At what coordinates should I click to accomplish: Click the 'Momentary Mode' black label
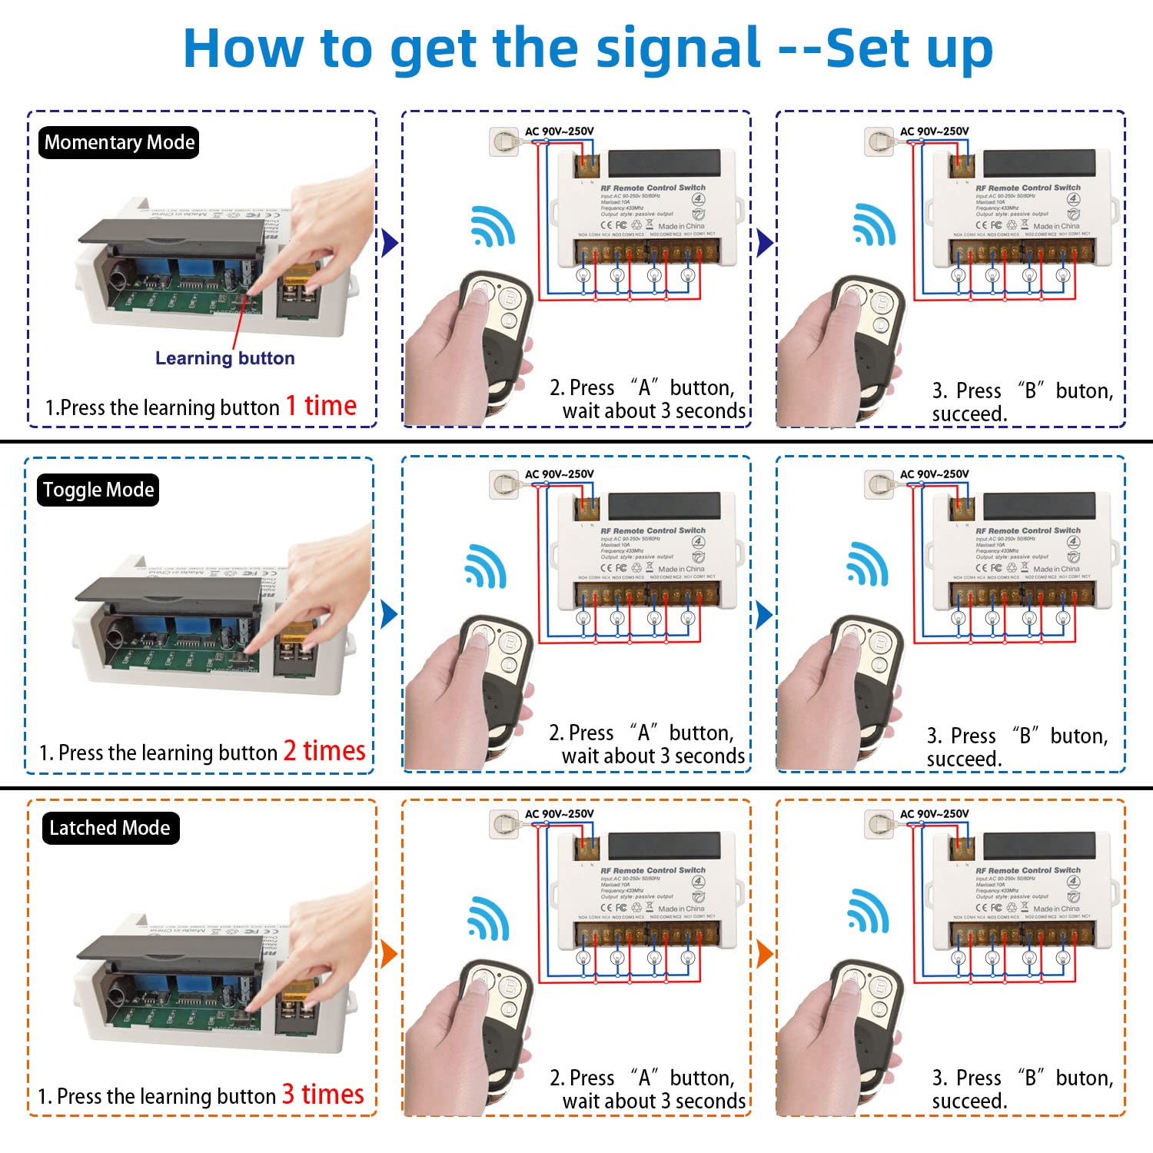point(119,143)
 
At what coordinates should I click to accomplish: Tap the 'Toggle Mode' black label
point(98,490)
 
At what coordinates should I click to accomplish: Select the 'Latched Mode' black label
point(110,829)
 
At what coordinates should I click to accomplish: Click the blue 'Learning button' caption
point(224,358)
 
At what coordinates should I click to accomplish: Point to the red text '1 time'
point(321,406)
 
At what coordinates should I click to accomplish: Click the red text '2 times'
point(324,751)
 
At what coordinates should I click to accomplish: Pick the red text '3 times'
point(323,1095)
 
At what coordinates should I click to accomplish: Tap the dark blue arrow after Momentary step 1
point(390,244)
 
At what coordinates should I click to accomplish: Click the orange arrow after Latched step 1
point(389,954)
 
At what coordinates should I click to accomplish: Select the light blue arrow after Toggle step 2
point(764,615)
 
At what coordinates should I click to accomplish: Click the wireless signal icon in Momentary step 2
point(493,226)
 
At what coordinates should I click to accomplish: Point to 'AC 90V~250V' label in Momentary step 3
point(934,131)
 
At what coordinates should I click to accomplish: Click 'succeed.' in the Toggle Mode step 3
point(965,759)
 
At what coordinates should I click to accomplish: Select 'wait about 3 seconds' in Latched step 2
point(653,1101)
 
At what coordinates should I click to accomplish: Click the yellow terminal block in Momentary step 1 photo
point(300,281)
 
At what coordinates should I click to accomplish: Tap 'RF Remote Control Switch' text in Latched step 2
point(653,870)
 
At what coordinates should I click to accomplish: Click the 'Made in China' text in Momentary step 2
point(681,226)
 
